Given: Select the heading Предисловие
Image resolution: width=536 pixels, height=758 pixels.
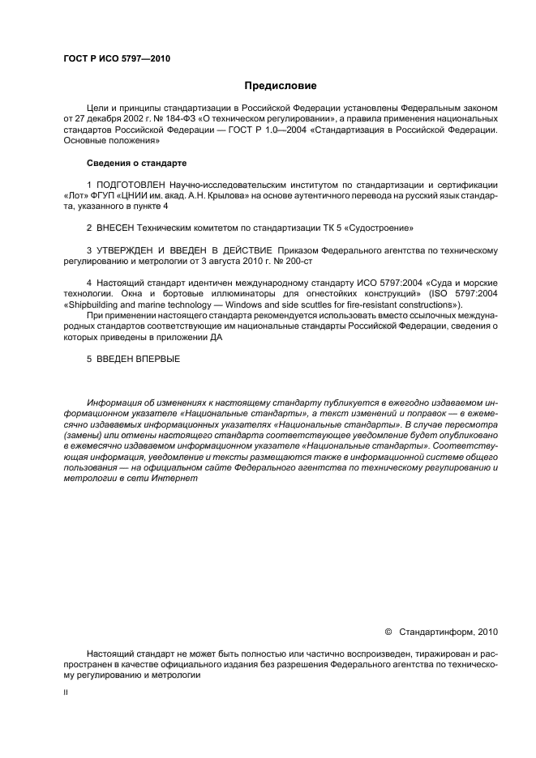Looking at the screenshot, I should pyautogui.click(x=280, y=85).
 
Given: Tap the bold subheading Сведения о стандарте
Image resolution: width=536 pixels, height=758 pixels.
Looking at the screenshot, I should pyautogui.click(x=136, y=163).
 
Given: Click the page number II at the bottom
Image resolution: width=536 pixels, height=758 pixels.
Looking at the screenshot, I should pyautogui.click(x=66, y=694).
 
